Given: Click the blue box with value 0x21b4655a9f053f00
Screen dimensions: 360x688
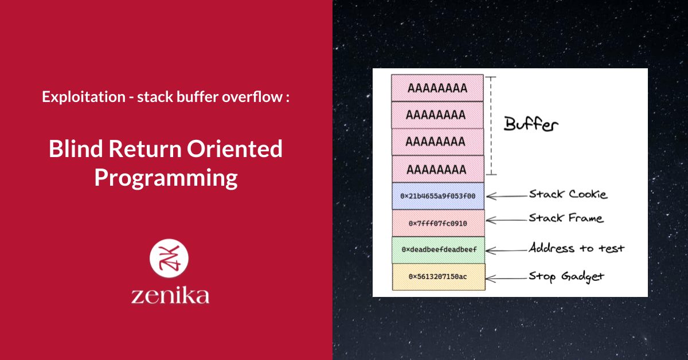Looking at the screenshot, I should coord(438,196).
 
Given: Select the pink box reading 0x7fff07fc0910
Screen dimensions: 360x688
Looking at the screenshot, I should coord(438,223).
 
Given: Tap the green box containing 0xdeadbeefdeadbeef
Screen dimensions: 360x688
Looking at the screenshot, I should coord(439,250).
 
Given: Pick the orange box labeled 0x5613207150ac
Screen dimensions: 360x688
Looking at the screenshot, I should coord(439,277).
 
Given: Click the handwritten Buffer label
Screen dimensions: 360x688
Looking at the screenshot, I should coord(531,124).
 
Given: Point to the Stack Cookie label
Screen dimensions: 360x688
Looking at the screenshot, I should coord(568,194).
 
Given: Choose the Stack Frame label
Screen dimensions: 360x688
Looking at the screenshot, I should coord(566,218).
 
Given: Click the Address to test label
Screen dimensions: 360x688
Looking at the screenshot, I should coord(576,248).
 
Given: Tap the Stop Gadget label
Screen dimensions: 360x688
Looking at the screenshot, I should coord(566,277).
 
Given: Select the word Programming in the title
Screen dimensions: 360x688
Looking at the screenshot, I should coord(166,178).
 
